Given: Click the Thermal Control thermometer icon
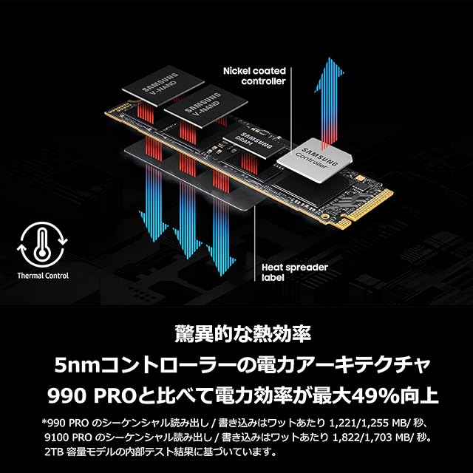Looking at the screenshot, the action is [x=44, y=245].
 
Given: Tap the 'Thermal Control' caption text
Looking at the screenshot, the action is [x=43, y=276].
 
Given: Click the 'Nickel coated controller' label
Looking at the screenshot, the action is [x=253, y=76].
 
